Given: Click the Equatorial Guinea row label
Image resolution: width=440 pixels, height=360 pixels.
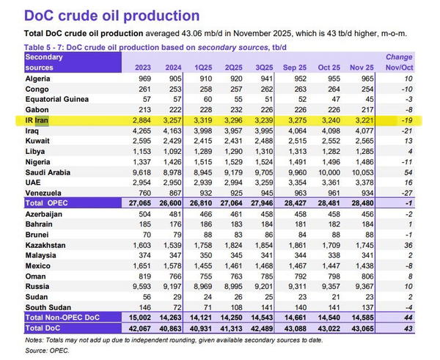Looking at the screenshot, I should point(56,98).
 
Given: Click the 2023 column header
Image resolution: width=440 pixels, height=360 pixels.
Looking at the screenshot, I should point(142,67).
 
